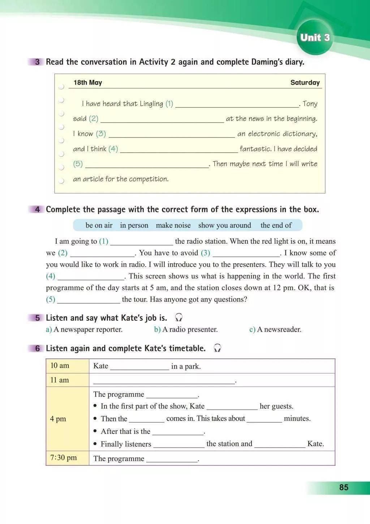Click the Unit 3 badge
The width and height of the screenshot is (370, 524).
coord(315,38)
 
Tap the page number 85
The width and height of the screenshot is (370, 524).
coord(344,487)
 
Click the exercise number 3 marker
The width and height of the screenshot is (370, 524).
coord(38,62)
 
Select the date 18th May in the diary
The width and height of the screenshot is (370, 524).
coord(88,82)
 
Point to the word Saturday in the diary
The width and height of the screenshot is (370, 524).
coord(305,82)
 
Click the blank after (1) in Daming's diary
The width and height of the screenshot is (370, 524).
coord(237,104)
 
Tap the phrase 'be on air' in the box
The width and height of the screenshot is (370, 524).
coord(99,225)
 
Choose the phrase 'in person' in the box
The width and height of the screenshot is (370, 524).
coord(134,225)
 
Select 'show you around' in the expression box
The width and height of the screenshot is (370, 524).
coord(224,225)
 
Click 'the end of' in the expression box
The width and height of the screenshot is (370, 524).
coord(276,225)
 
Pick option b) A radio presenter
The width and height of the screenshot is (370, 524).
coord(186,329)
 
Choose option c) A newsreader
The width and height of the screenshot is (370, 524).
coord(275,329)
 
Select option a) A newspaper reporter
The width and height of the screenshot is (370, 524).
coord(84,329)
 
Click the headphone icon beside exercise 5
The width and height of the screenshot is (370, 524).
coord(178,318)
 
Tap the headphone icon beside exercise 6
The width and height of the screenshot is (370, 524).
coord(217,348)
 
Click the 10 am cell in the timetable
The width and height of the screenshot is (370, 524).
coord(67,366)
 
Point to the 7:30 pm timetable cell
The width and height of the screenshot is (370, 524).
coord(67,458)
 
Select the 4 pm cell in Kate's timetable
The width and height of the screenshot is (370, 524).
coord(67,419)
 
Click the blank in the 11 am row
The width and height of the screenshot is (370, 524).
coord(164,380)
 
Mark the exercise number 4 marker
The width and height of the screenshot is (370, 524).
coord(38,209)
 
